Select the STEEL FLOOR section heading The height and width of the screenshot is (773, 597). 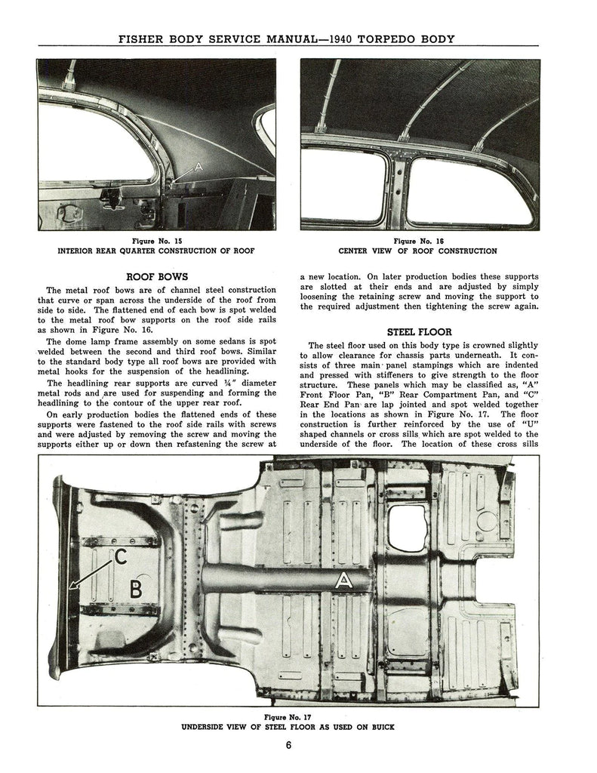pos(419,331)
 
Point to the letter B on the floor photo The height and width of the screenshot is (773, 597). pos(136,589)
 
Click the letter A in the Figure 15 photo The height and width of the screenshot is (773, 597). pos(198,165)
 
